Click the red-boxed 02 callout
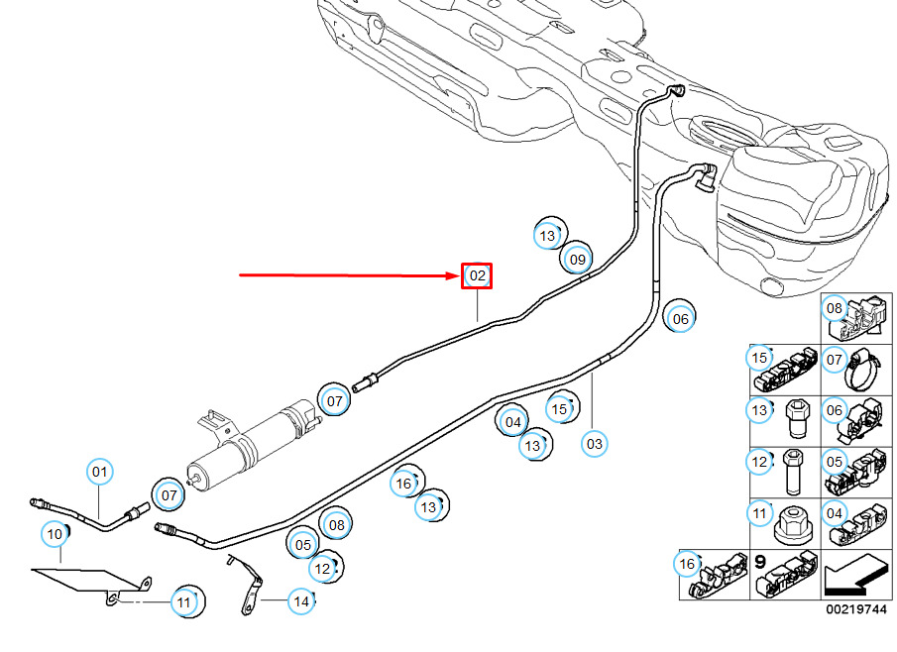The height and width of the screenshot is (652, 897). point(477,275)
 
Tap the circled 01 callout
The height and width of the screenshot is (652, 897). point(99,473)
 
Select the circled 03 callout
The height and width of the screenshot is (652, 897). point(594,444)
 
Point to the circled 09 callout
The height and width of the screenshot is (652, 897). point(577,260)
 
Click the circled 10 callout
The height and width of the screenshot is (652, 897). point(56,535)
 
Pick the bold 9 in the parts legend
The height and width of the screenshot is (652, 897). point(761,561)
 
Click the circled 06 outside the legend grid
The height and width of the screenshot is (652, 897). point(680,319)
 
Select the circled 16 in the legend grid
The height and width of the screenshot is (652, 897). point(687,565)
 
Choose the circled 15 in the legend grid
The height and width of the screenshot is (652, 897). point(760,358)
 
